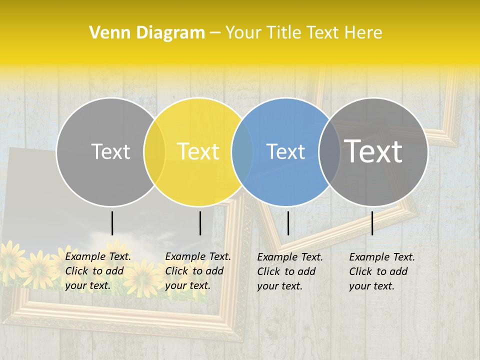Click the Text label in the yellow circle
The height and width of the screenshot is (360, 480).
pos(198,151)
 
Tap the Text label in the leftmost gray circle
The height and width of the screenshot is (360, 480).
pos(110,151)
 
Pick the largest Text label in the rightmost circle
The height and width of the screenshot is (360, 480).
pos(373,151)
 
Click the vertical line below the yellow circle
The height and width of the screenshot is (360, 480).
pos(200,223)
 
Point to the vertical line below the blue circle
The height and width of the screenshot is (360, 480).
pos(288,223)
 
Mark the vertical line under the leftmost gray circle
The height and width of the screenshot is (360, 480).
pos(112,223)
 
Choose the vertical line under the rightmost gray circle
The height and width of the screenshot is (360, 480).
pos(372,223)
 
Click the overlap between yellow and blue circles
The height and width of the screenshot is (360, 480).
pos(242,152)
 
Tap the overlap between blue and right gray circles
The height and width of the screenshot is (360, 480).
pos(329,152)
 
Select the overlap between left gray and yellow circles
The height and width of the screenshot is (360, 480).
pos(154,152)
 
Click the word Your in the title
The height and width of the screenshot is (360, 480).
pos(243,33)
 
